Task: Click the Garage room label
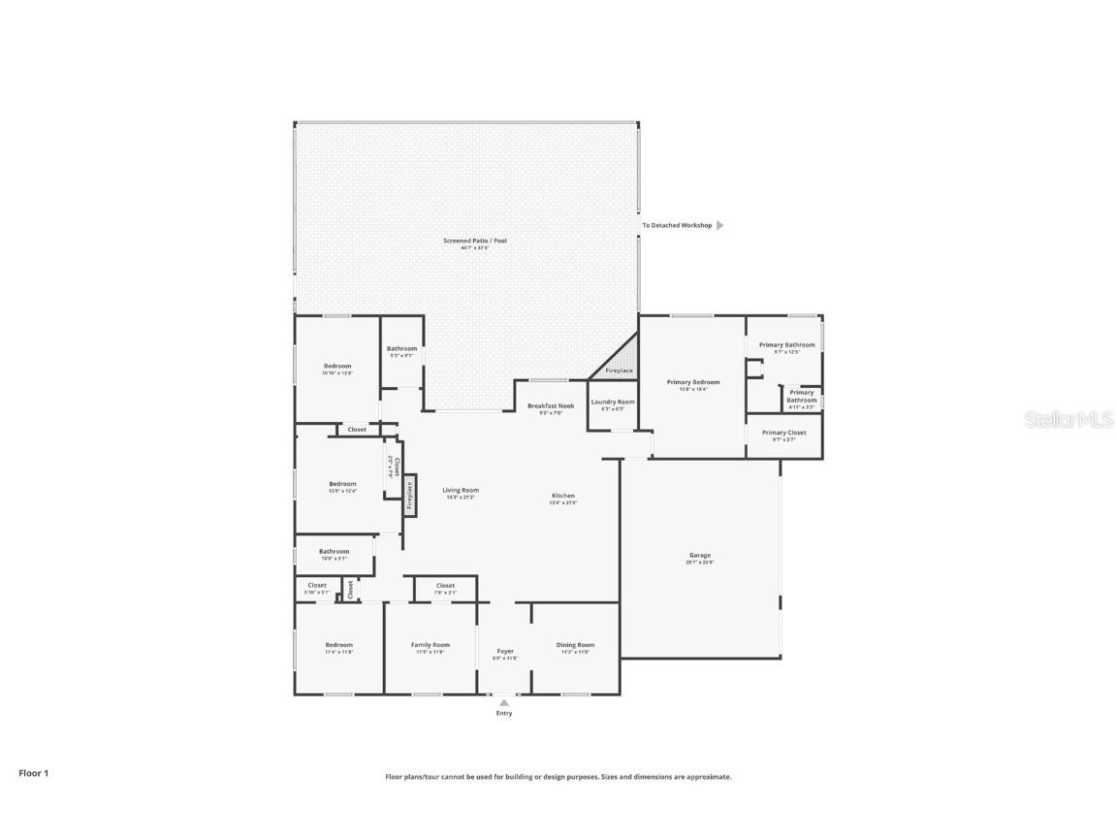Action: click(x=699, y=556)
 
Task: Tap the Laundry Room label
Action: click(x=613, y=402)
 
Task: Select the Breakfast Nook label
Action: click(x=551, y=405)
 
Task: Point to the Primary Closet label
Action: click(x=783, y=433)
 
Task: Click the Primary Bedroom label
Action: click(x=693, y=382)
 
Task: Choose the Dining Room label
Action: click(x=575, y=645)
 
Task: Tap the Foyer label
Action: click(x=505, y=651)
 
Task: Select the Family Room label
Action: click(x=431, y=645)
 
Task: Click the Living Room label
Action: click(x=462, y=490)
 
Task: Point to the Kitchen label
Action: click(x=563, y=496)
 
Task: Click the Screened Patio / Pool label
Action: click(x=475, y=241)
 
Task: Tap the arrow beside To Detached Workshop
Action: click(x=720, y=225)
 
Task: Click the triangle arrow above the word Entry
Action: click(x=504, y=703)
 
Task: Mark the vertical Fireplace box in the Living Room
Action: click(x=410, y=495)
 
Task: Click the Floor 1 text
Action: click(x=33, y=773)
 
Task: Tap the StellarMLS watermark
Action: click(x=1070, y=419)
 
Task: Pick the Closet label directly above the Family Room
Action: click(x=445, y=586)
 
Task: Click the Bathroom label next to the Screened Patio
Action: click(x=401, y=348)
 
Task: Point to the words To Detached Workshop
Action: click(x=677, y=225)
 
